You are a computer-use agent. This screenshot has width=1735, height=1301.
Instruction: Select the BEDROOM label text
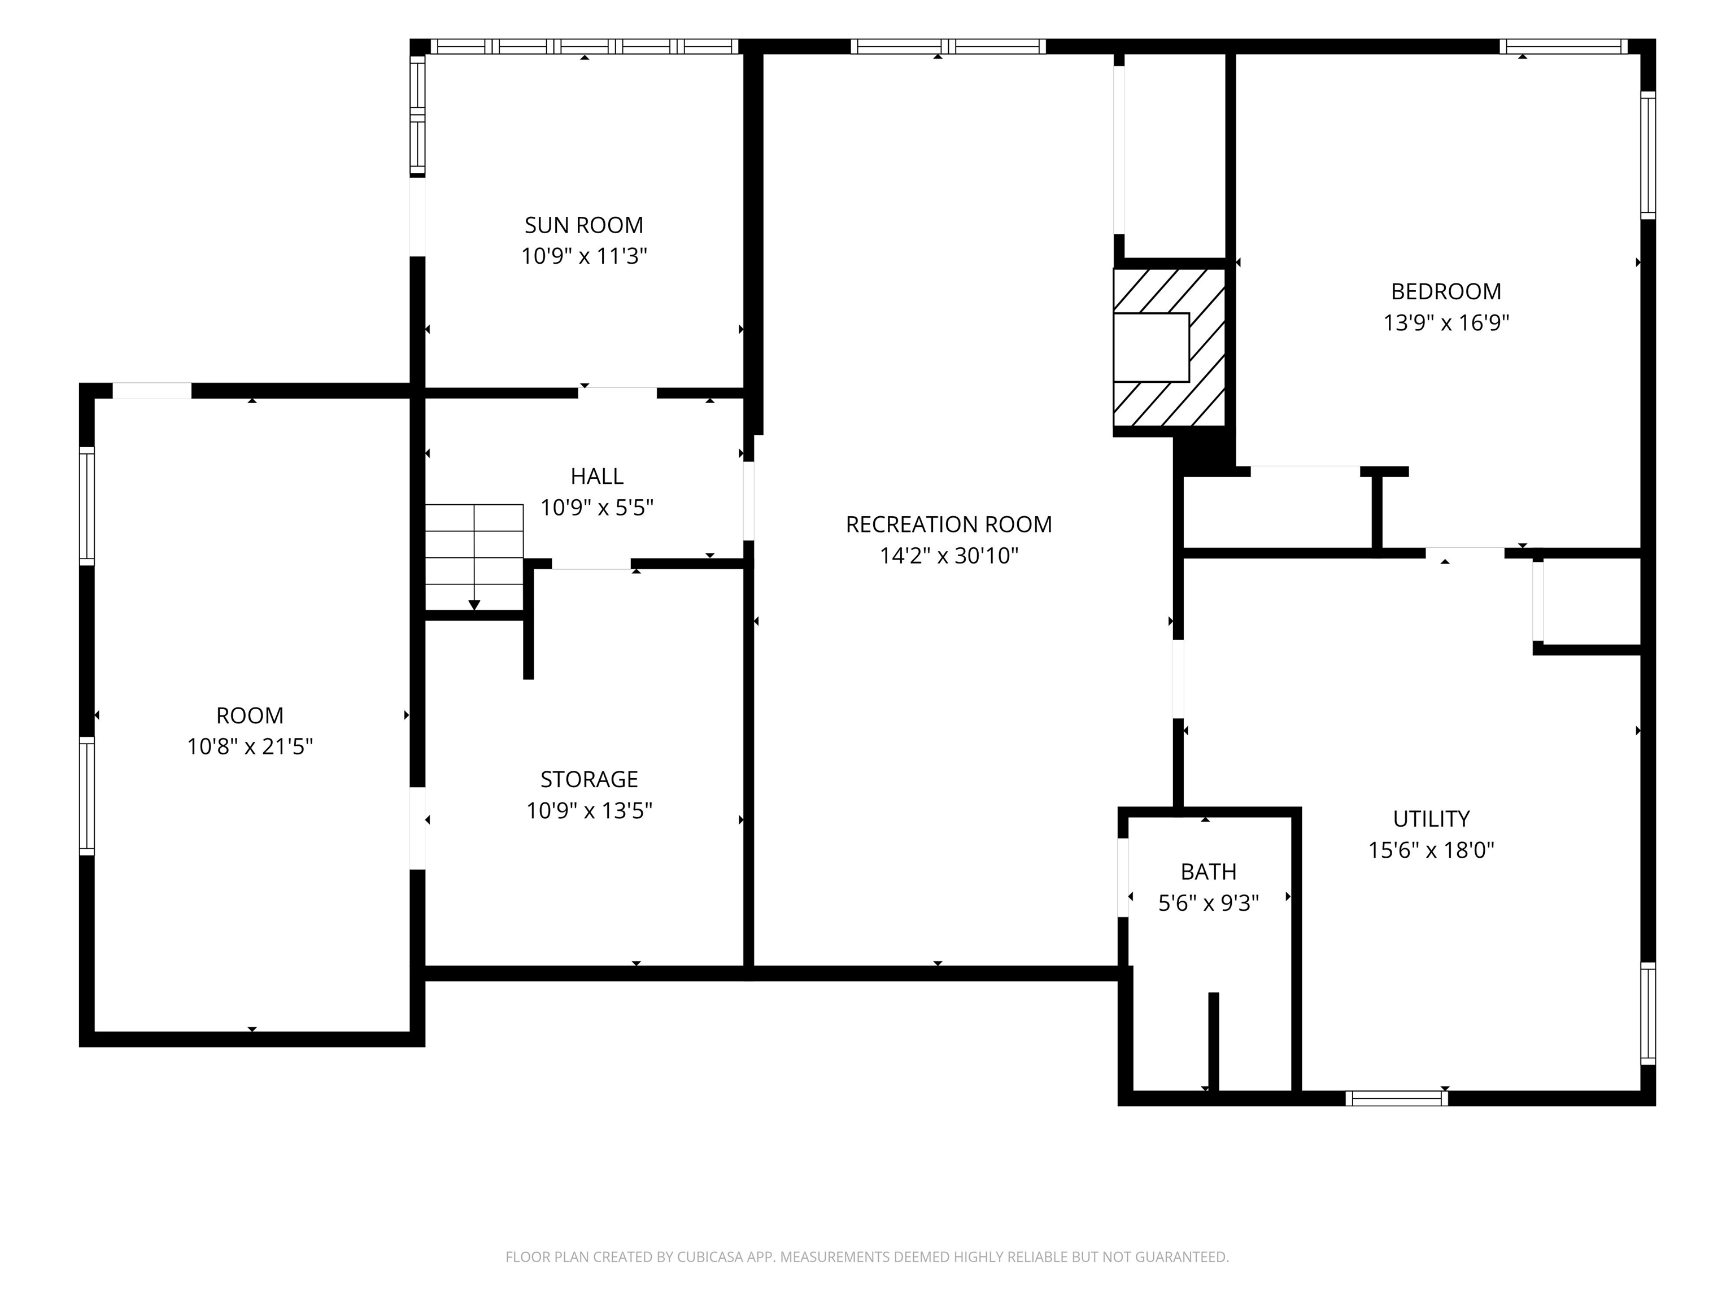tap(1446, 292)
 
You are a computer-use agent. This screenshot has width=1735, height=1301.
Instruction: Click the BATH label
tap(1208, 871)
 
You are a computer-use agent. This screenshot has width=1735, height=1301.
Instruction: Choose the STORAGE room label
tap(589, 779)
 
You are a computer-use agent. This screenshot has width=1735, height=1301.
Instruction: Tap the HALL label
tap(597, 476)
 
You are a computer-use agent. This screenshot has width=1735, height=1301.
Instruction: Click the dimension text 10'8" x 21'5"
tap(250, 746)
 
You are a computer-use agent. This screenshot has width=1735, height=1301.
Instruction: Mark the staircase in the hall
tap(474, 556)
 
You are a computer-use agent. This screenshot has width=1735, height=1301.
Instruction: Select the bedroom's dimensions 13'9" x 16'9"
tap(1446, 323)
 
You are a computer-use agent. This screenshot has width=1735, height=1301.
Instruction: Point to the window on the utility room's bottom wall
tap(1396, 1098)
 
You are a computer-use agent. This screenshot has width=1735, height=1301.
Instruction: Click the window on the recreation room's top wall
tap(948, 46)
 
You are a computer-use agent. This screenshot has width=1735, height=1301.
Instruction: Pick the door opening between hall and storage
tap(591, 564)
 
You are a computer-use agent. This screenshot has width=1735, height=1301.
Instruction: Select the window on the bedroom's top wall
tap(1563, 46)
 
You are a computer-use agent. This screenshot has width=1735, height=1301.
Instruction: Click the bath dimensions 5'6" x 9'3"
tap(1208, 903)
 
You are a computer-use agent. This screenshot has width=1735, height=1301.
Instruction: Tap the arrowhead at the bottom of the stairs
tap(474, 605)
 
